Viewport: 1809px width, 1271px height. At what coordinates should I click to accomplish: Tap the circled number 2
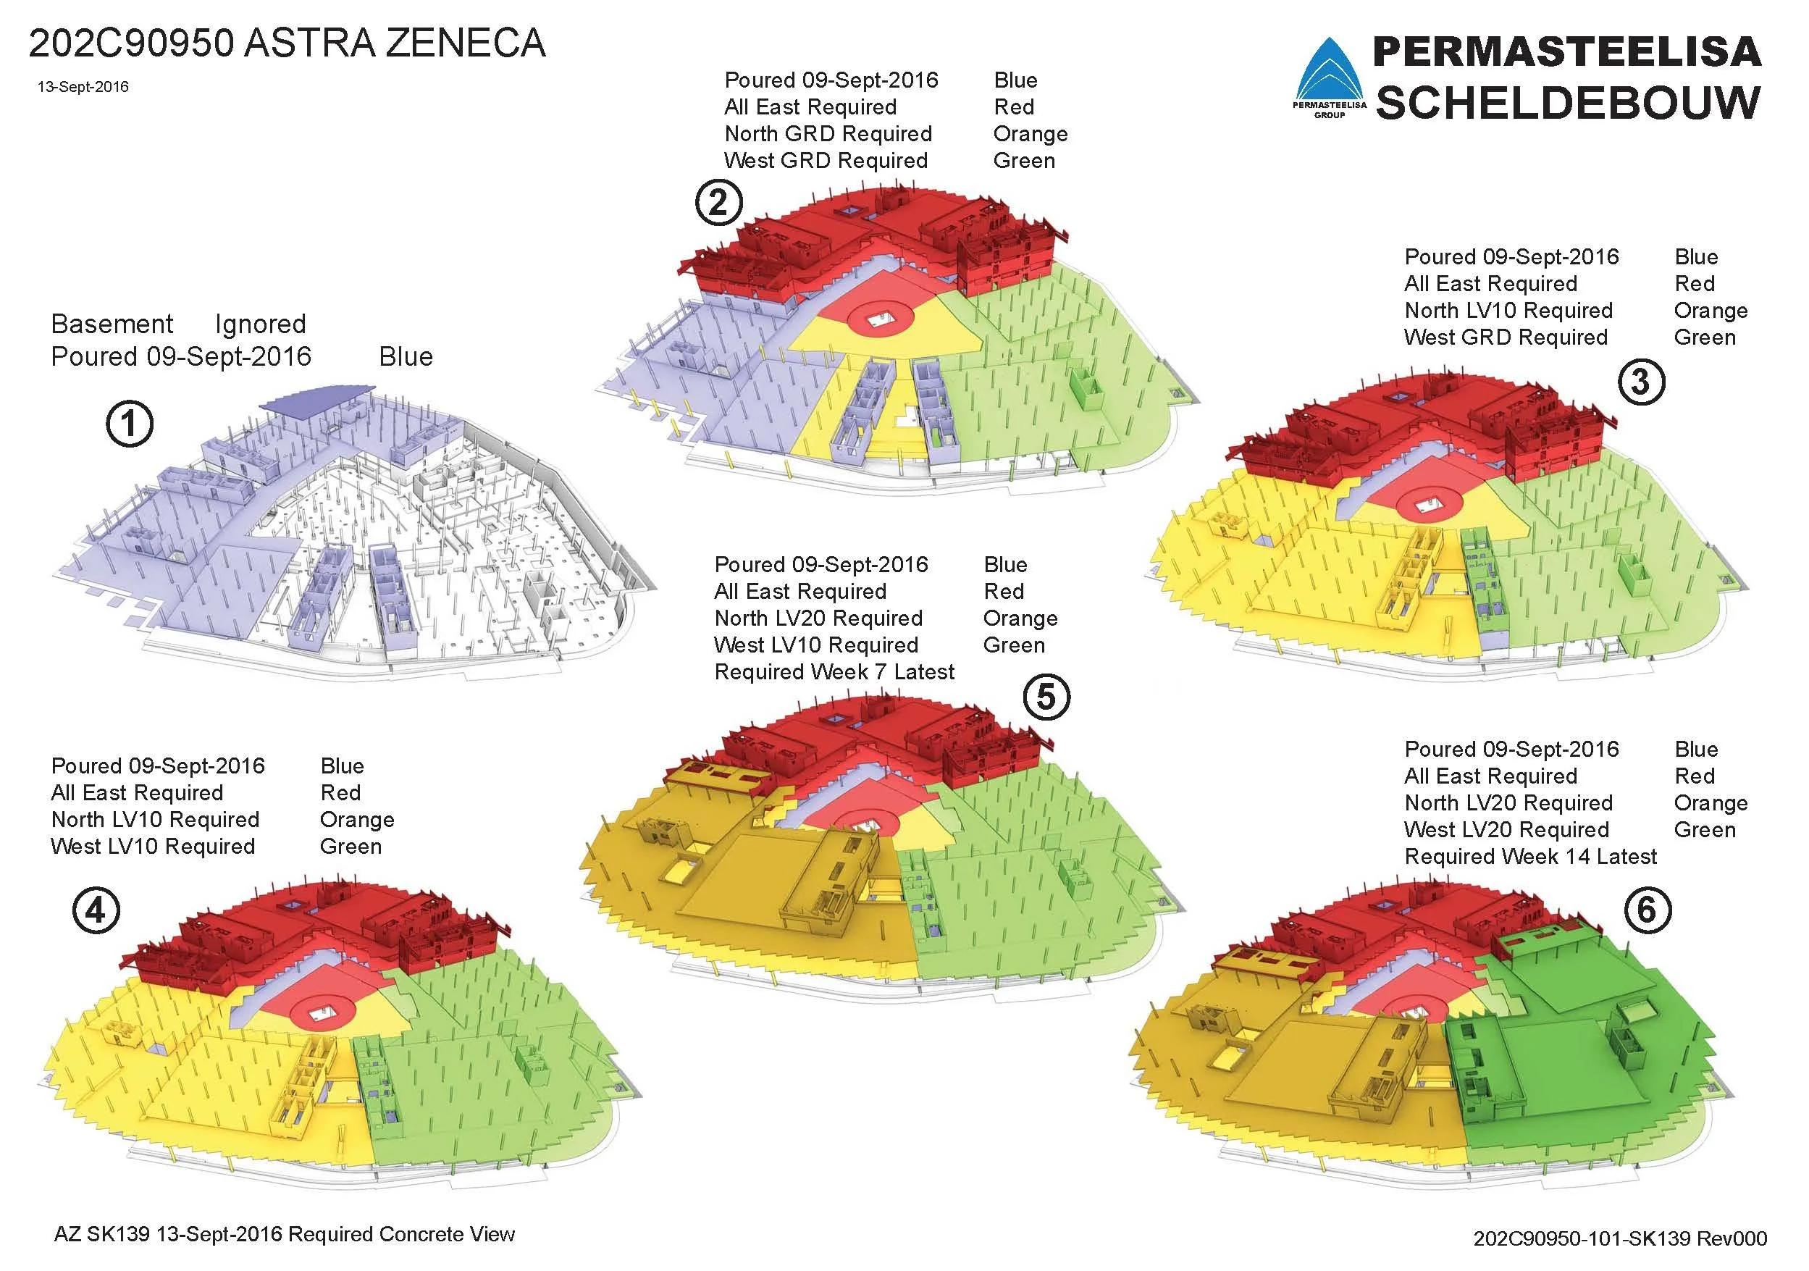718,204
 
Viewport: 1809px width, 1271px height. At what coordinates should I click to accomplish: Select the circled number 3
1640,382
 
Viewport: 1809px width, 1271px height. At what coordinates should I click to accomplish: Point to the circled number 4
96,911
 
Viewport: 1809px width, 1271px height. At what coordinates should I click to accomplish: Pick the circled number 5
1046,697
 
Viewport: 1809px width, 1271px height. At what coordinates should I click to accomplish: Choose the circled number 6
1647,911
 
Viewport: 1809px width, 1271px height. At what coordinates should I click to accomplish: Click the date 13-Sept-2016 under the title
83,87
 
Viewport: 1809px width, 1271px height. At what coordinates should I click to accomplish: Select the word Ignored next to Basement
260,324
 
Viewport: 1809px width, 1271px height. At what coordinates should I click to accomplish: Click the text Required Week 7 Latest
834,672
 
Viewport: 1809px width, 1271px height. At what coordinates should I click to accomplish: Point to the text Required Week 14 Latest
1530,857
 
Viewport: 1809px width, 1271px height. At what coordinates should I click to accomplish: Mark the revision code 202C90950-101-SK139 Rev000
1620,1238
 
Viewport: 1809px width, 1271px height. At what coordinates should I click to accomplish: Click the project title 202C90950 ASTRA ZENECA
287,43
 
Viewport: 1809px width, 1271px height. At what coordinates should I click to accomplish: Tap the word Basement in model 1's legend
112,324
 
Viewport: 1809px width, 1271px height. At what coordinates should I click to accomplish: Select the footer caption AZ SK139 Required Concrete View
284,1234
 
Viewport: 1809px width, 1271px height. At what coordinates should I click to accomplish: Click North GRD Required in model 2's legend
827,134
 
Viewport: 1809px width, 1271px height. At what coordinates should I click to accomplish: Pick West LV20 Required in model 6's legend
1506,830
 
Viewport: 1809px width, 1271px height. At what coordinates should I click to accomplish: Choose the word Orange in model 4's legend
357,820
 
